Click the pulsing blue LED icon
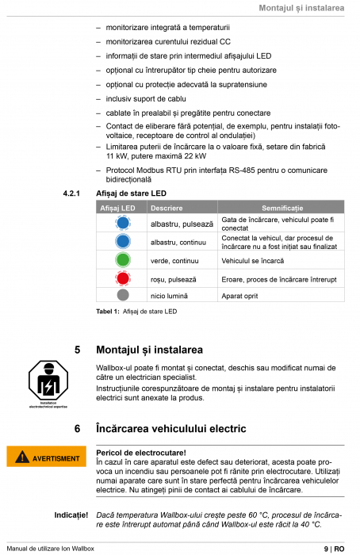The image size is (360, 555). [x=122, y=224]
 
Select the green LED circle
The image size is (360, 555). [x=122, y=259]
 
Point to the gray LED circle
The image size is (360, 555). [x=122, y=295]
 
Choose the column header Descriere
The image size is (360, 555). [x=166, y=207]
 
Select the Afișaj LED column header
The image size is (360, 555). [x=117, y=207]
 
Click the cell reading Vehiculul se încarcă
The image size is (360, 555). [x=254, y=260]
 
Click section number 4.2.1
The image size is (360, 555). [x=71, y=193]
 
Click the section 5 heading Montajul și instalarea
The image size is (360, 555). [x=149, y=350]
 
